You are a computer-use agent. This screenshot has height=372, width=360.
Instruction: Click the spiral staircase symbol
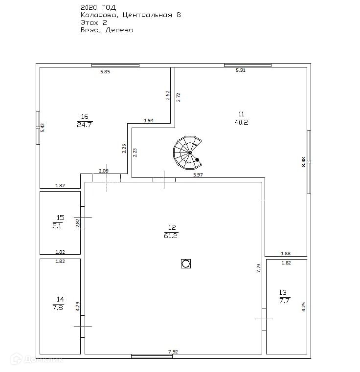click(187, 152)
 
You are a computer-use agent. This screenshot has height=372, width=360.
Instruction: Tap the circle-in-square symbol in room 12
click(185, 264)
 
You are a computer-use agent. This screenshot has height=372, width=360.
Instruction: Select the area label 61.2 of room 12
click(172, 236)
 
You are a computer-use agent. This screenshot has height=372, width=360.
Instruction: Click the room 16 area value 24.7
click(85, 125)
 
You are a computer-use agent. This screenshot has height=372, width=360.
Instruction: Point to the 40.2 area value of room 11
click(242, 122)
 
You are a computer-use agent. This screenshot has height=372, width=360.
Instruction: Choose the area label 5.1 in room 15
click(57, 226)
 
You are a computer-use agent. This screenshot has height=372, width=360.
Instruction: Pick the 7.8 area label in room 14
click(58, 307)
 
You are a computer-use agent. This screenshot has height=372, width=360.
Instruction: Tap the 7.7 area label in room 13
click(285, 301)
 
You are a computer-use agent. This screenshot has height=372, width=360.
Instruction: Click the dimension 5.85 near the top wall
click(105, 72)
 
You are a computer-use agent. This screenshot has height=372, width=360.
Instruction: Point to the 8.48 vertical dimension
click(304, 162)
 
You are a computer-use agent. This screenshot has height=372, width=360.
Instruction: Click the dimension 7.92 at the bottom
click(173, 351)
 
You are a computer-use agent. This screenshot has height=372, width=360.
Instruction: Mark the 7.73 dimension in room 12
click(259, 268)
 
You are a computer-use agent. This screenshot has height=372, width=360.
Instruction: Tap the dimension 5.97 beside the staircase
click(198, 175)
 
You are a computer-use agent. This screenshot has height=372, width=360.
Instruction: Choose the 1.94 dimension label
click(148, 120)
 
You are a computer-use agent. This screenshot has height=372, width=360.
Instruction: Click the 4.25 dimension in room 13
click(304, 306)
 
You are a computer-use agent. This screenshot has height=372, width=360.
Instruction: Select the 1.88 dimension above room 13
click(286, 253)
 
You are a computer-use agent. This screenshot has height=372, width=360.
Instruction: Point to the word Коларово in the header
click(99, 15)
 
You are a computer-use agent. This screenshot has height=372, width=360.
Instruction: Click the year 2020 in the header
click(89, 7)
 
